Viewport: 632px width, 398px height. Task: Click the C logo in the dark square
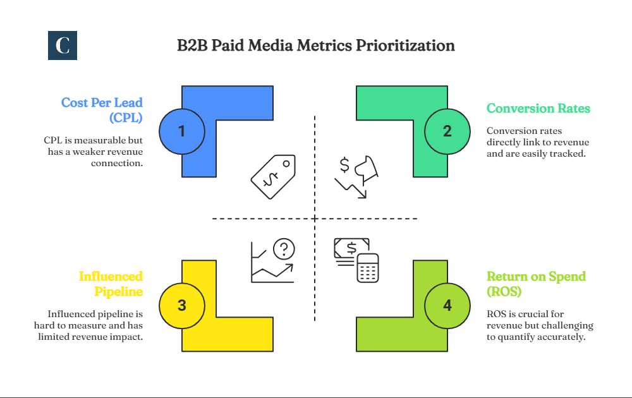click(63, 45)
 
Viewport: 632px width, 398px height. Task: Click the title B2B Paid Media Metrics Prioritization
click(316, 45)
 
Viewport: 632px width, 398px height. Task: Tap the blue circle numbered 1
click(182, 131)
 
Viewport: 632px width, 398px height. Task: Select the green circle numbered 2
click(447, 131)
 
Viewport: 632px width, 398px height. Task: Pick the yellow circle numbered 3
click(182, 306)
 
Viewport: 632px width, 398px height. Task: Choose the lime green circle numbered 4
click(447, 306)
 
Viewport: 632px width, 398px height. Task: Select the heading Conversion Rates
click(538, 109)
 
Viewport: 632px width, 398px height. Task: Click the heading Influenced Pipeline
click(111, 284)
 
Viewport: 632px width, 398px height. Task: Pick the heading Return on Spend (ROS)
click(536, 284)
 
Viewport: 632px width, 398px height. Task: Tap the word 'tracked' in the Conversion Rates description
click(571, 153)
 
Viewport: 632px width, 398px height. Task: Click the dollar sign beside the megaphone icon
click(344, 166)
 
